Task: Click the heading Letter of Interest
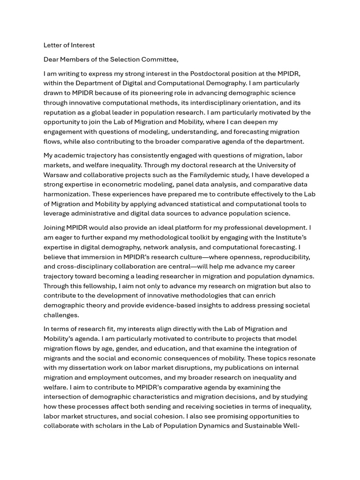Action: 69,45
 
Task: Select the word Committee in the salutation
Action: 161,60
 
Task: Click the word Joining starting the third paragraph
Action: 56,228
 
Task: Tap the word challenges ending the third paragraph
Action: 61,315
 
